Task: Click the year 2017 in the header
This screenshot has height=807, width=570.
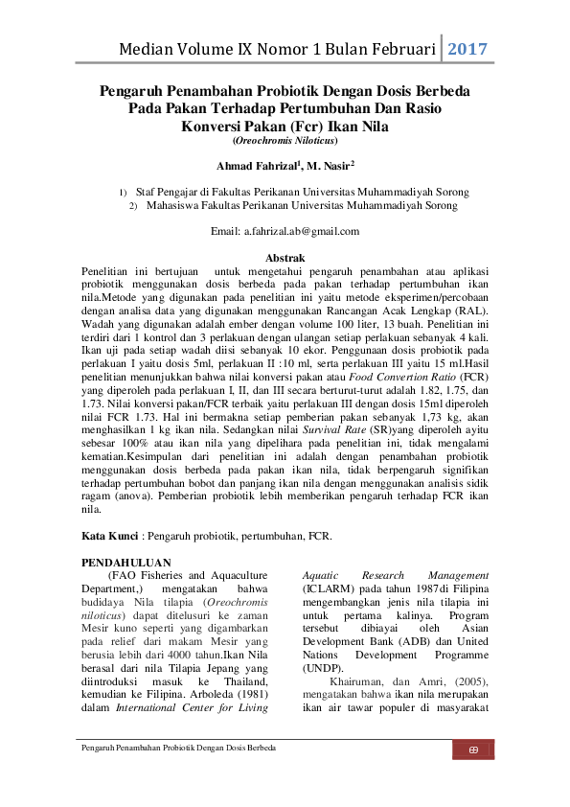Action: (x=469, y=49)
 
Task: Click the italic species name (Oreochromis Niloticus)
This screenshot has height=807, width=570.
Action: (x=285, y=140)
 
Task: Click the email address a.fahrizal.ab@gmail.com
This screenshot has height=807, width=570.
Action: (x=285, y=231)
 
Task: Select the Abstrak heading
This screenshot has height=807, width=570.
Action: (x=285, y=258)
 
